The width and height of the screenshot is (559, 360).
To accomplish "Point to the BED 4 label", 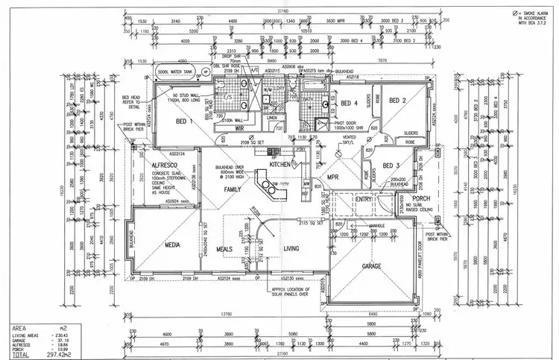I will click(x=350, y=103).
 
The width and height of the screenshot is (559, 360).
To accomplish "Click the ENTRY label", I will click(x=364, y=200).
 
